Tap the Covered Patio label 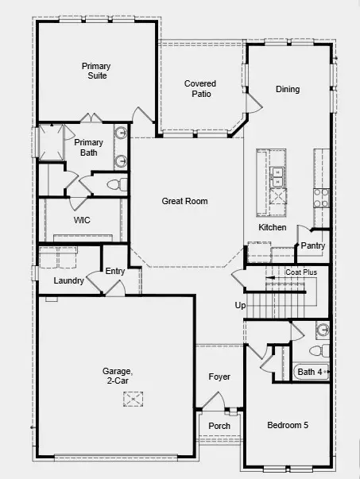coord(200,88)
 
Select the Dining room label coord(288,89)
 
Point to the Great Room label coord(184,201)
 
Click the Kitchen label coord(273,228)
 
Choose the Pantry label coord(312,246)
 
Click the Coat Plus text coord(301,272)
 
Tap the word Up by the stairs coord(240,305)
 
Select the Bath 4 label coord(310,371)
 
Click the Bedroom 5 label coord(288,426)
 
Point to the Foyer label coord(219,377)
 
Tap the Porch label coord(219,426)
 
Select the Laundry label coord(69,280)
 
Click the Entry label coord(115,272)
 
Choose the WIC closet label coord(82,220)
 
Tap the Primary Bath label coord(88,148)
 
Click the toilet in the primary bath coord(114,184)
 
